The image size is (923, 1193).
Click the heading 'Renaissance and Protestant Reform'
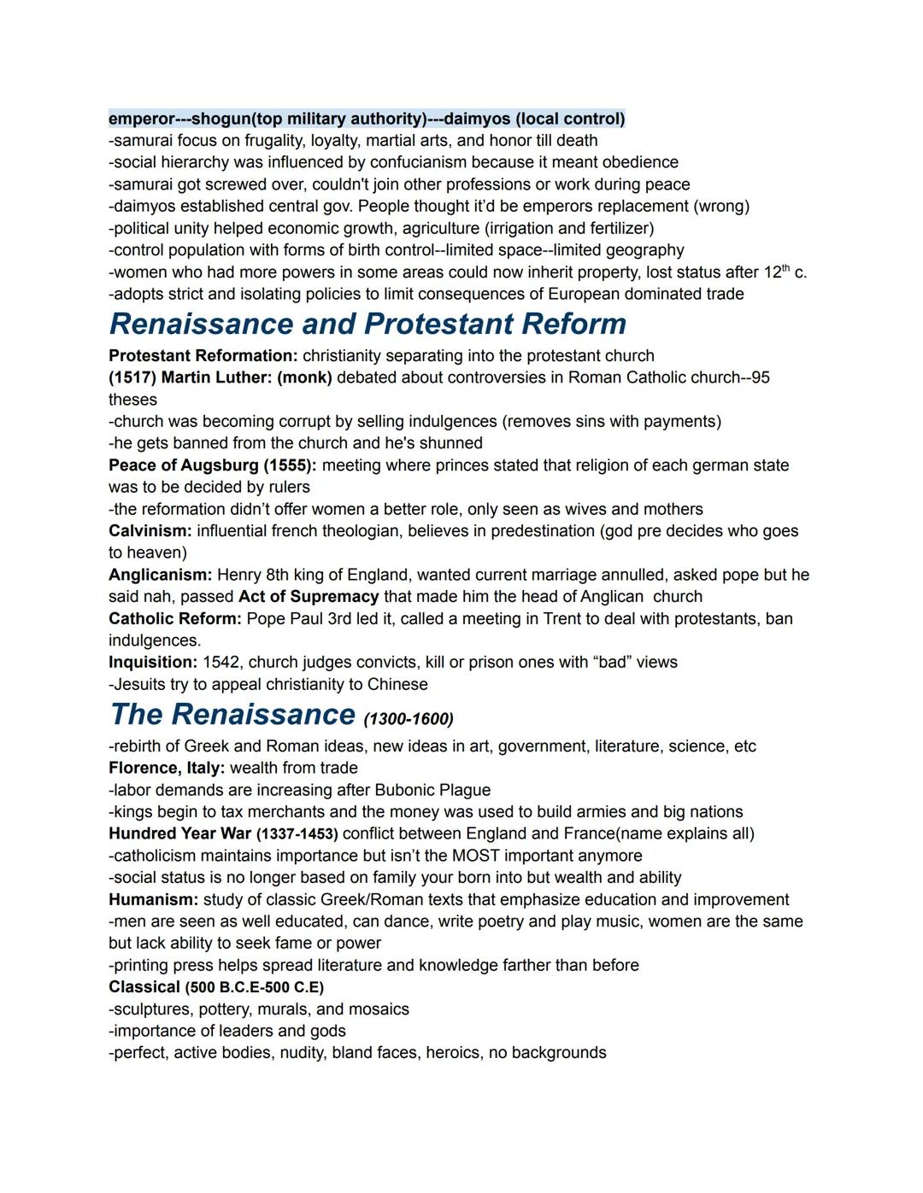pyautogui.click(x=367, y=325)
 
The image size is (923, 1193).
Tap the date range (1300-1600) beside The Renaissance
pyautogui.click(x=409, y=718)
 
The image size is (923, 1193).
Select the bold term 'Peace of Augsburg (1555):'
pyautogui.click(x=213, y=465)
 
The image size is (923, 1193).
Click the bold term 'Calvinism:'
pyautogui.click(x=150, y=531)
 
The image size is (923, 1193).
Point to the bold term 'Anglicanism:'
pyautogui.click(x=160, y=575)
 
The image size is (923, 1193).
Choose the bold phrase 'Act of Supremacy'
pyautogui.click(x=309, y=597)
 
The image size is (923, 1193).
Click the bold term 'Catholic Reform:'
pyautogui.click(x=175, y=618)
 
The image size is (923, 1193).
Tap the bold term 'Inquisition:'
pyautogui.click(x=153, y=663)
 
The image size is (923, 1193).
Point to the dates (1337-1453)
pyautogui.click(x=297, y=834)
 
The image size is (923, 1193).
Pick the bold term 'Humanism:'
pyautogui.click(x=153, y=900)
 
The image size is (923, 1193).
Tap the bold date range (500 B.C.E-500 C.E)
pyautogui.click(x=254, y=988)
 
